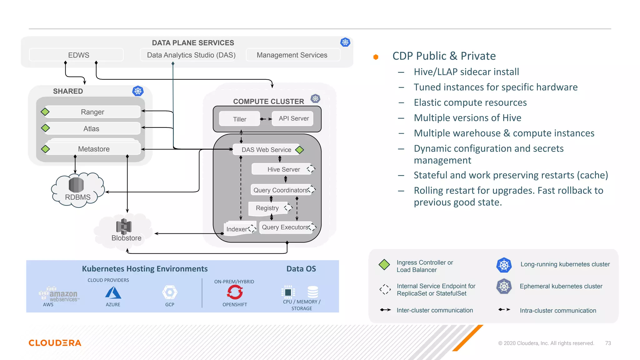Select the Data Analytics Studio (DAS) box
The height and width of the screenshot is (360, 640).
point(191,55)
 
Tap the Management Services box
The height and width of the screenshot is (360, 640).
point(292,55)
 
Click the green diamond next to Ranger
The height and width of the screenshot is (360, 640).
point(45,112)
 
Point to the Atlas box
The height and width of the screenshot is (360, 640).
point(92,128)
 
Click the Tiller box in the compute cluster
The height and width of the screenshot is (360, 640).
point(239,119)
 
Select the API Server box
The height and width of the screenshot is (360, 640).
point(293,118)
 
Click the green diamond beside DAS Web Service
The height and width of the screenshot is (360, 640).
point(299,150)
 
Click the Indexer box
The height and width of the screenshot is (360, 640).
point(237,229)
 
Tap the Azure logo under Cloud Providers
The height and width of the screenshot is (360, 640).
point(113,293)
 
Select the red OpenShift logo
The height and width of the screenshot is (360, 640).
point(235,292)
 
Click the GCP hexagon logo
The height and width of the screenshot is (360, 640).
point(170,292)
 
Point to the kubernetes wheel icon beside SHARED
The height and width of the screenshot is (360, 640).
point(138,91)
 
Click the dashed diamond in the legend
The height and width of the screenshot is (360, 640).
point(385,289)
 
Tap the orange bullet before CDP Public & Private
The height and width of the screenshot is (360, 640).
point(376,57)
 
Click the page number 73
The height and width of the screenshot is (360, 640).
point(608,343)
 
